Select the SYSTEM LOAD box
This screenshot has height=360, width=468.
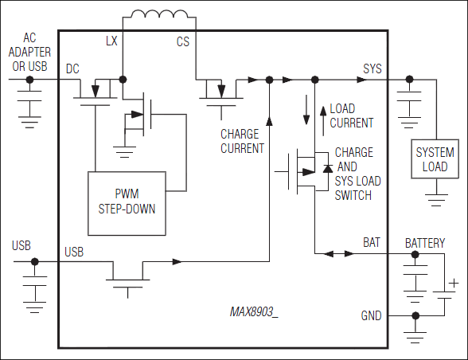(435, 159)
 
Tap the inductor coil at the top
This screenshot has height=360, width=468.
(159, 16)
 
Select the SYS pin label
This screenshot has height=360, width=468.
(372, 69)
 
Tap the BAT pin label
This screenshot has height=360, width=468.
(372, 241)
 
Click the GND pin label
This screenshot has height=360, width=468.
(371, 315)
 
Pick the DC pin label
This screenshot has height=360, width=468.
(74, 69)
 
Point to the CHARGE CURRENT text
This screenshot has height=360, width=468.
(242, 141)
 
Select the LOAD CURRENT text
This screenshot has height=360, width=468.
(351, 115)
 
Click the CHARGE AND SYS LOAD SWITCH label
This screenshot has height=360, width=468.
(357, 173)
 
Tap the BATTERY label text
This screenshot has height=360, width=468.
(425, 243)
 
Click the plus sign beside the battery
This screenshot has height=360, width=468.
(453, 282)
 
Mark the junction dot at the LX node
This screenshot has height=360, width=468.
(123, 80)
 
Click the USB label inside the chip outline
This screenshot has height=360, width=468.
(74, 252)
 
